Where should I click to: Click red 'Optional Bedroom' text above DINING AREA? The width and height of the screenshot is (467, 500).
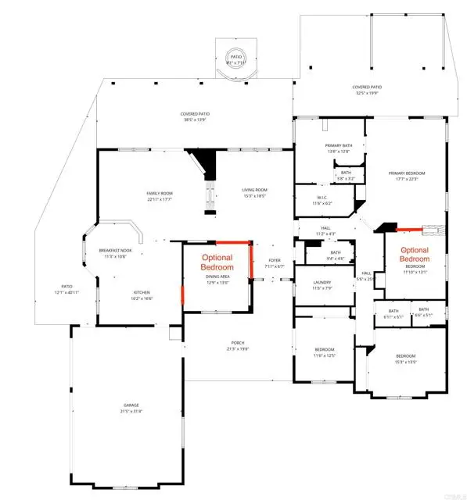[217, 262]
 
